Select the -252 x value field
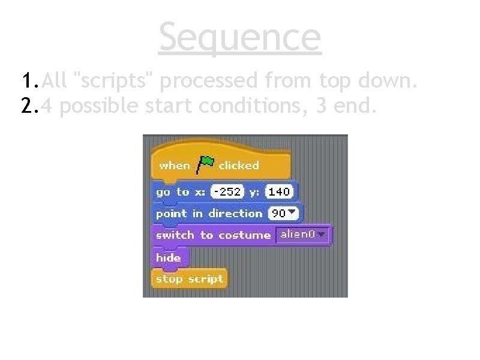point(227,192)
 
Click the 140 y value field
point(279,192)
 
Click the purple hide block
point(169,257)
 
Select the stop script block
point(189,279)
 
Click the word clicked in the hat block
point(238,165)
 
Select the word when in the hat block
point(175,165)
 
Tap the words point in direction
point(209,214)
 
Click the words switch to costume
point(213,235)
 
